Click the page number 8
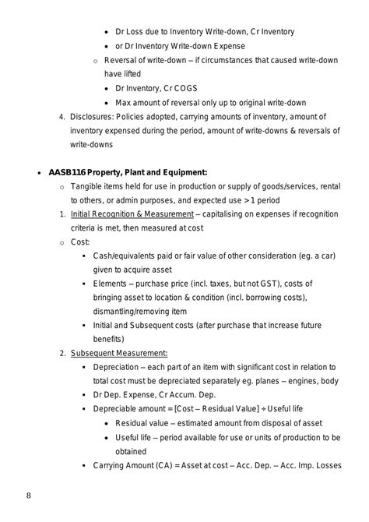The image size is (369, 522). coord(29,495)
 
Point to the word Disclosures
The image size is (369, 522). coord(93,116)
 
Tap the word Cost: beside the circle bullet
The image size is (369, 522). coord(80,242)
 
